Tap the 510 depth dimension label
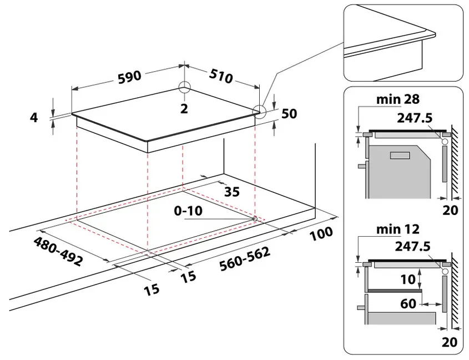pyautogui.click(x=221, y=77)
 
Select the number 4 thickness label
pyautogui.click(x=34, y=118)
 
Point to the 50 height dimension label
pyautogui.click(x=289, y=114)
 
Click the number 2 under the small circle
pyautogui.click(x=184, y=109)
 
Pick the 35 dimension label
pyautogui.click(x=232, y=192)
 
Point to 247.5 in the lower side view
pyautogui.click(x=414, y=246)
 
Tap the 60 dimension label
pyautogui.click(x=408, y=304)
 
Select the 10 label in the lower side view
pyautogui.click(x=407, y=279)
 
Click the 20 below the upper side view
pyautogui.click(x=450, y=211)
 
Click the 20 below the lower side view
pyautogui.click(x=450, y=342)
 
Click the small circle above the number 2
pyautogui.click(x=184, y=88)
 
